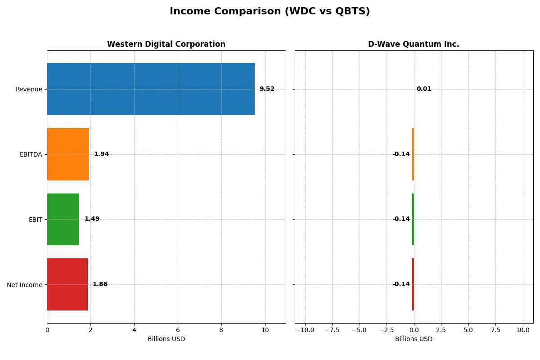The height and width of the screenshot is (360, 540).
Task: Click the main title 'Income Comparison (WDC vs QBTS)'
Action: tap(270, 12)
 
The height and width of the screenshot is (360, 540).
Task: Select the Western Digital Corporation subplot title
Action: tap(166, 44)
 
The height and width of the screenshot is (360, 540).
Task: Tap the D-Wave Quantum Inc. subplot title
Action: tap(414, 44)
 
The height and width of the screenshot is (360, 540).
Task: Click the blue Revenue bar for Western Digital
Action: tap(150, 89)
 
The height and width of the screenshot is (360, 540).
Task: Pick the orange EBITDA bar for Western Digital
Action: tap(68, 154)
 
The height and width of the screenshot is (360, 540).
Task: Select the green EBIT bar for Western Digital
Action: tap(63, 219)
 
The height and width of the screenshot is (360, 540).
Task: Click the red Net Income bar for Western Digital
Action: tap(67, 284)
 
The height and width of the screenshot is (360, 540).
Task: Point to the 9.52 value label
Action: tap(267, 89)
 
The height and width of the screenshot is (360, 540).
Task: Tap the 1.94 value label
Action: tap(101, 154)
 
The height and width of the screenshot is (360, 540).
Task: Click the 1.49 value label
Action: tap(92, 219)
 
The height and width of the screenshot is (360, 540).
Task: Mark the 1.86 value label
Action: tap(100, 284)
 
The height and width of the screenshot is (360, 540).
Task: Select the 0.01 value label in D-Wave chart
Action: tap(424, 89)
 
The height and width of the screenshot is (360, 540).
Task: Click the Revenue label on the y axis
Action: tap(29, 89)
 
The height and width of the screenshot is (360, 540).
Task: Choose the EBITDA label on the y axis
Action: tap(31, 154)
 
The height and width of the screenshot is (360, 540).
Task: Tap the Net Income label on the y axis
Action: tap(25, 284)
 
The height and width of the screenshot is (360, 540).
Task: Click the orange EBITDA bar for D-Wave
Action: tap(413, 154)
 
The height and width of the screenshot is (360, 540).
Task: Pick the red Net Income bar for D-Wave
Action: tap(413, 284)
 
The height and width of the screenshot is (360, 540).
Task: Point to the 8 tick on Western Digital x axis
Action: tap(221, 330)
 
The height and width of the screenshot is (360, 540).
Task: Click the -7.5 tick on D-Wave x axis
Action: tap(332, 330)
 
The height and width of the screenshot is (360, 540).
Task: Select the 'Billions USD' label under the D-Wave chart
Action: tap(414, 339)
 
